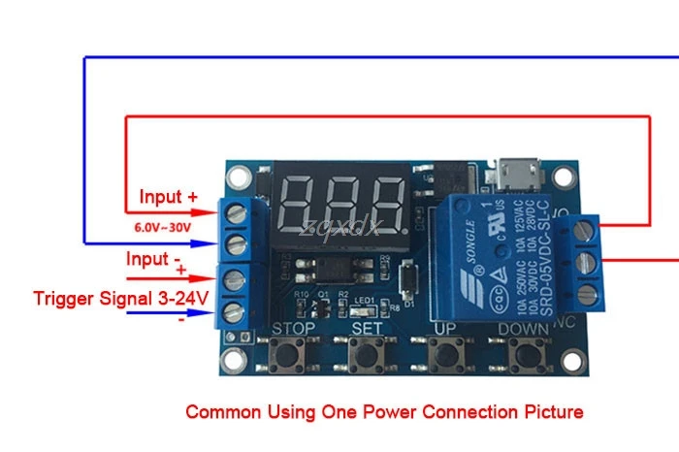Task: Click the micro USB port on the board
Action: (x=511, y=178)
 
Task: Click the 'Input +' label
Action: (x=169, y=197)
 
